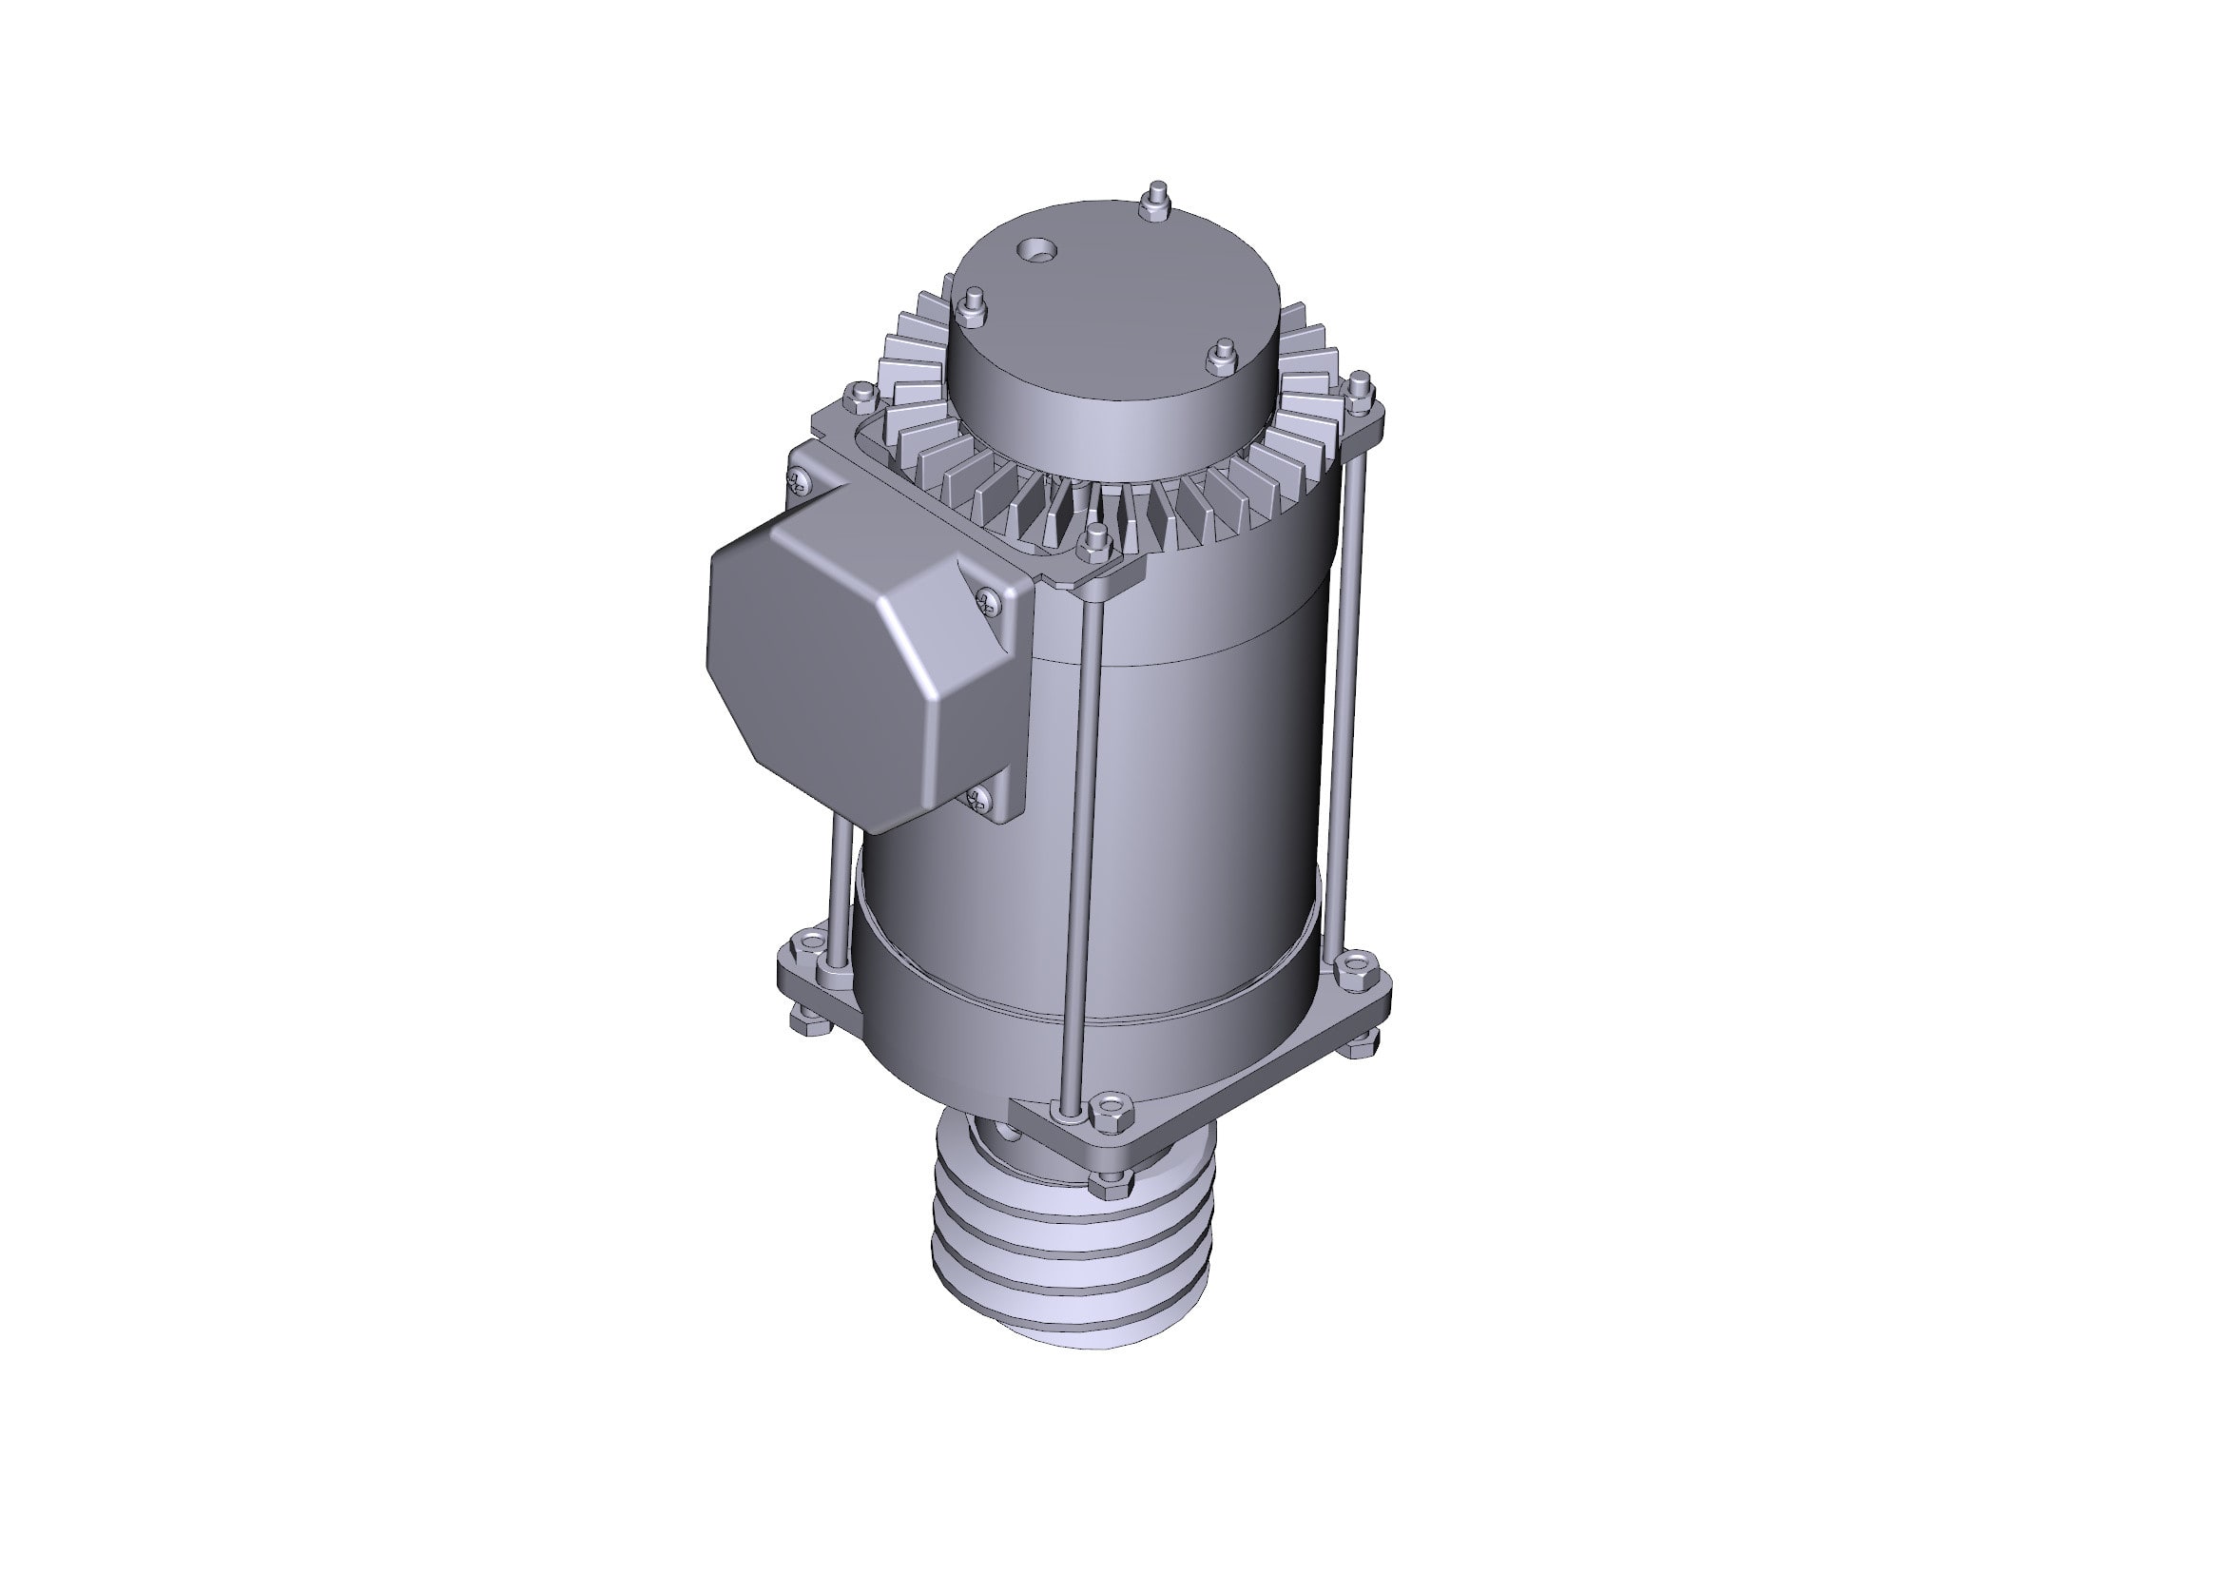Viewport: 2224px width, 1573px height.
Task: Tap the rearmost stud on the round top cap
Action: tap(1155, 204)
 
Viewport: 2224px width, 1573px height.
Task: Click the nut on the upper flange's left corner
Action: tap(859, 396)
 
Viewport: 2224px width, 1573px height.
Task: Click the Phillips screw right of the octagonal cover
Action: tap(987, 602)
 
